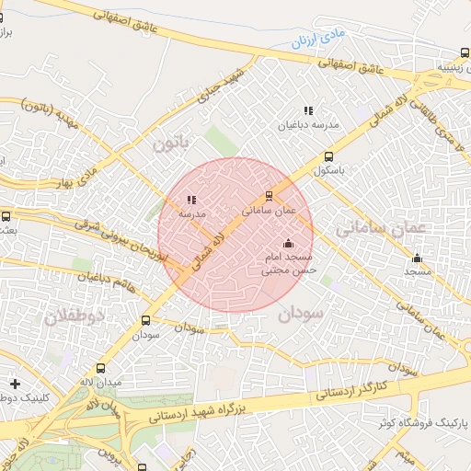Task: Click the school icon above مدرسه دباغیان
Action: pos(308,110)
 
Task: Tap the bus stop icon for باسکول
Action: pos(328,156)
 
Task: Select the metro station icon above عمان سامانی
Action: pos(269,195)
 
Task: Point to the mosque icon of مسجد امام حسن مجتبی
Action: pos(289,243)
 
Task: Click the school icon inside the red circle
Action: pos(191,199)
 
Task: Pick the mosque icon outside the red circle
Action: pos(417,258)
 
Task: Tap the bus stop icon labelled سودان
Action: pos(145,321)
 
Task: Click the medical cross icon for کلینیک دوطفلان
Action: pos(14,383)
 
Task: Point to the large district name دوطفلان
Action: pos(75,316)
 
